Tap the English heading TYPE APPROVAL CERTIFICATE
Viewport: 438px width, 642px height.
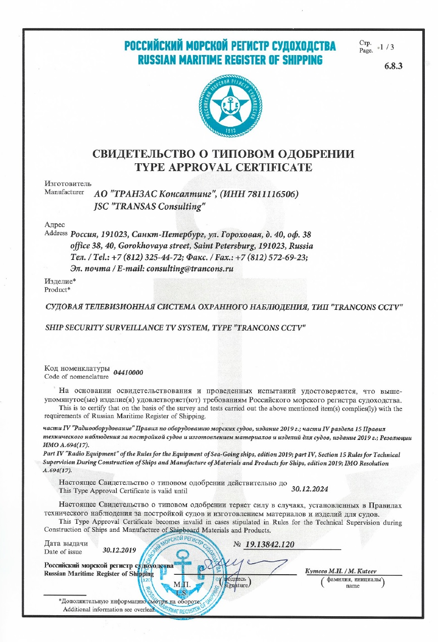click(x=223, y=167)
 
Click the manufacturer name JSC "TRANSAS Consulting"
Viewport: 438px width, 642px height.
click(x=150, y=207)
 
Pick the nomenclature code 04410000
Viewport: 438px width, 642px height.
click(x=128, y=373)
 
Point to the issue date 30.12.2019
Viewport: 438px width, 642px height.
click(x=120, y=549)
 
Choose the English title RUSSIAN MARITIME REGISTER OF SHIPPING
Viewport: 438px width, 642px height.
click(x=230, y=60)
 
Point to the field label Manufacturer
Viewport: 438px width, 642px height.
click(x=64, y=192)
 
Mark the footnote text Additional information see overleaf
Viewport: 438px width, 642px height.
click(x=108, y=609)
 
